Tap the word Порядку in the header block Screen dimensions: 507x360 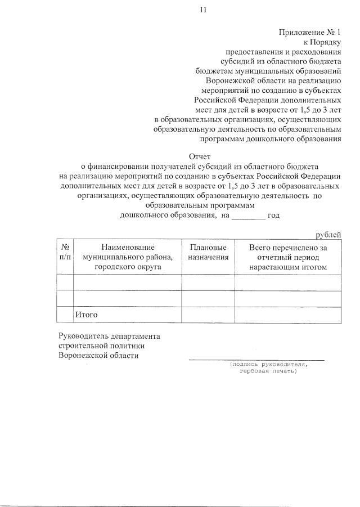point(326,42)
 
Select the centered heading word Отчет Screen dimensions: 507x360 point(199,157)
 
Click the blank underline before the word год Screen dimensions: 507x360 point(248,215)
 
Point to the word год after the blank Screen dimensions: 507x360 point(274,215)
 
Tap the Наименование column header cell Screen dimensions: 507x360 point(128,257)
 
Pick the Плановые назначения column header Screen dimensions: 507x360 point(208,252)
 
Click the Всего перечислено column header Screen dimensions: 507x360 point(288,257)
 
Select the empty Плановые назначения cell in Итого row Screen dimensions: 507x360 point(208,315)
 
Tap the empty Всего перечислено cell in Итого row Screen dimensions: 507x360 point(288,315)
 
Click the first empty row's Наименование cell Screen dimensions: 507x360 point(128,282)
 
